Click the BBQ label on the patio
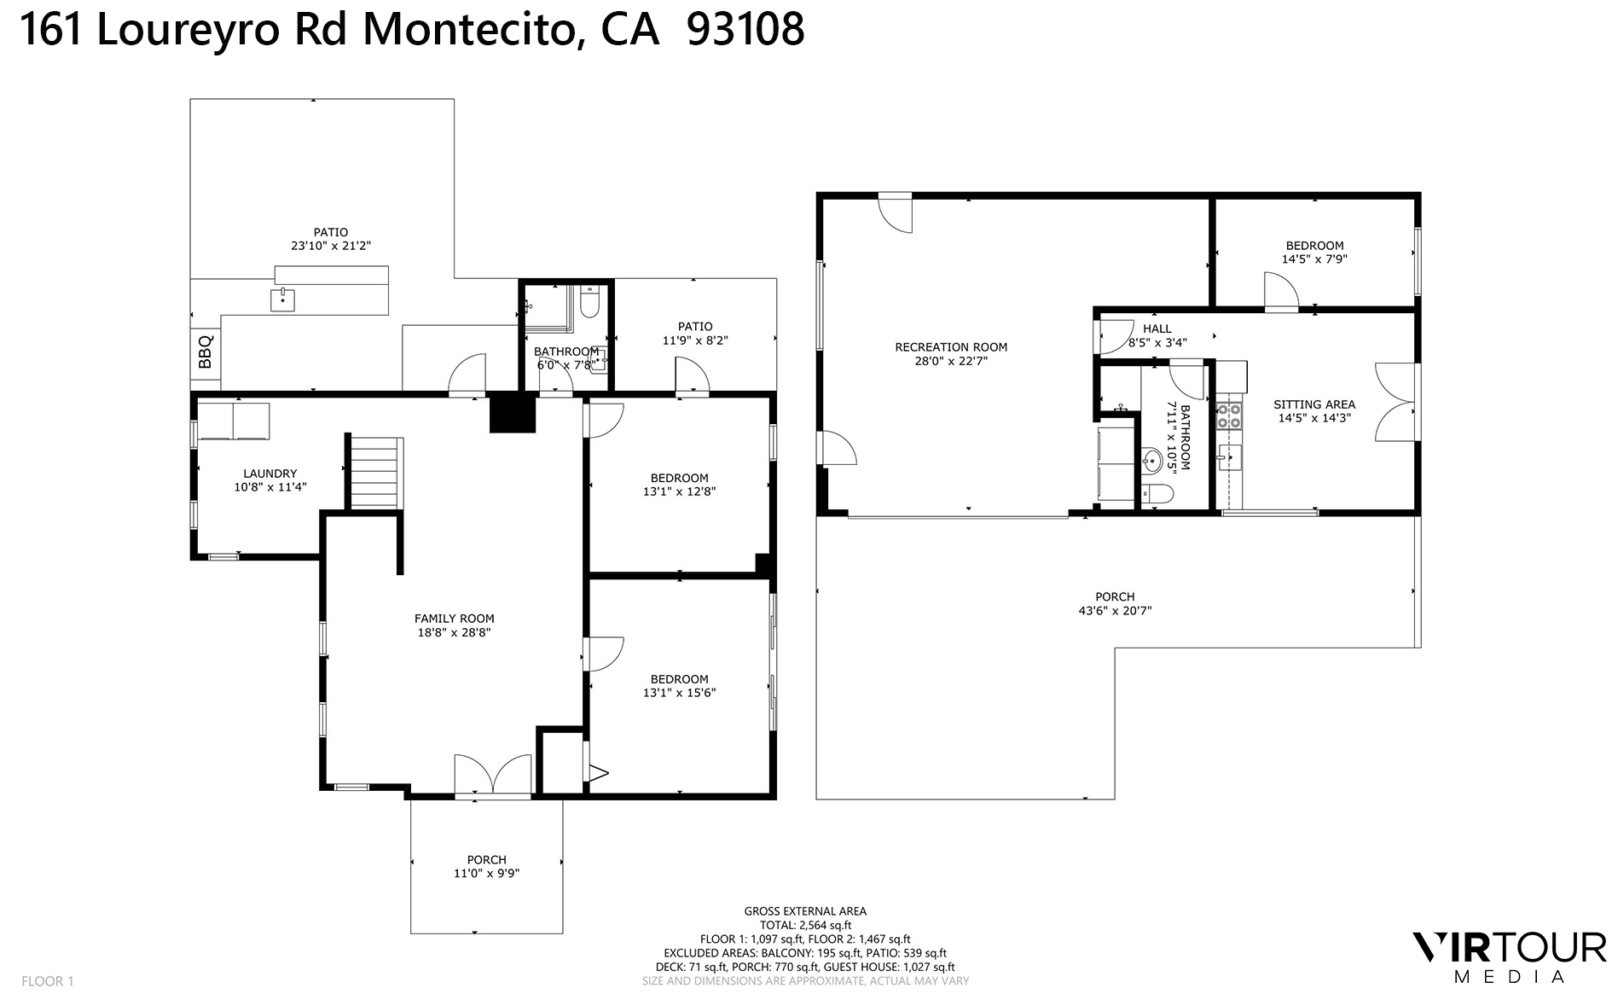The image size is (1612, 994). click(x=205, y=352)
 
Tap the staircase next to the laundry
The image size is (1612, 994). click(x=374, y=473)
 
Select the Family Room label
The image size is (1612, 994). click(x=454, y=619)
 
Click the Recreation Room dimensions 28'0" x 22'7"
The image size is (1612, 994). click(x=950, y=361)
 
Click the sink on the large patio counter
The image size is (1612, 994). click(x=282, y=299)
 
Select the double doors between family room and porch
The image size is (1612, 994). click(x=493, y=776)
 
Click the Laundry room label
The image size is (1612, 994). click(x=270, y=474)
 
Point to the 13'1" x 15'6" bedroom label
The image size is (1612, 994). click(x=679, y=686)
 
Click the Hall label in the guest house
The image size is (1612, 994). click(x=1157, y=328)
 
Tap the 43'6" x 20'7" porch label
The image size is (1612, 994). click(x=1115, y=603)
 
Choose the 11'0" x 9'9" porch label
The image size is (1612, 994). click(x=486, y=866)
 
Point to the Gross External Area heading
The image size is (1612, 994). click(x=805, y=911)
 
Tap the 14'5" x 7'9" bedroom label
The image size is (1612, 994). click(x=1314, y=252)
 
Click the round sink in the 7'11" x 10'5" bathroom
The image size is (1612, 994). click(x=1151, y=462)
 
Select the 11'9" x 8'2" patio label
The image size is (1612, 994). click(x=695, y=333)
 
